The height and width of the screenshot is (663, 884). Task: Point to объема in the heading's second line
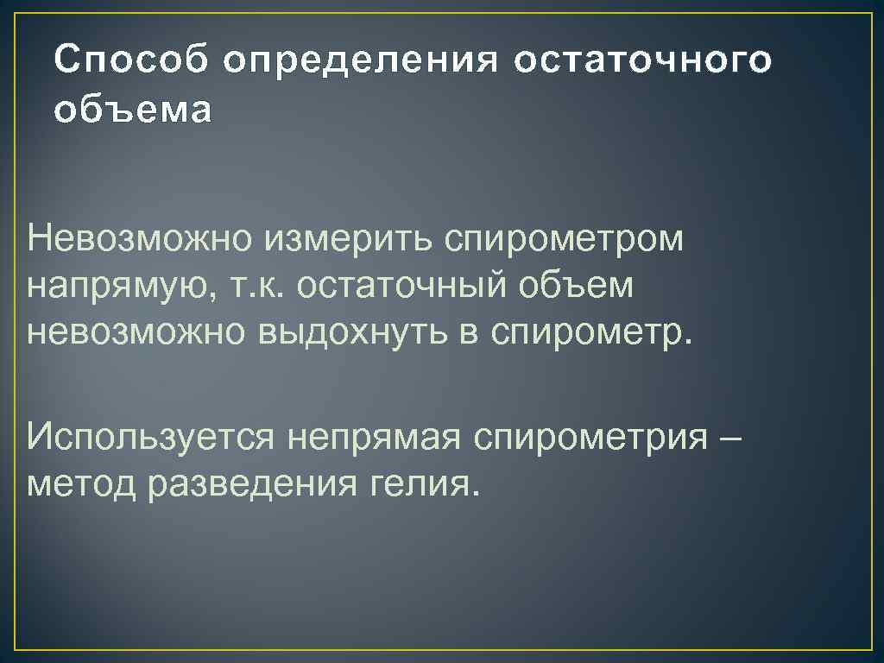tap(131, 111)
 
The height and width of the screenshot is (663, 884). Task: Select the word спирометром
tap(565, 238)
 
